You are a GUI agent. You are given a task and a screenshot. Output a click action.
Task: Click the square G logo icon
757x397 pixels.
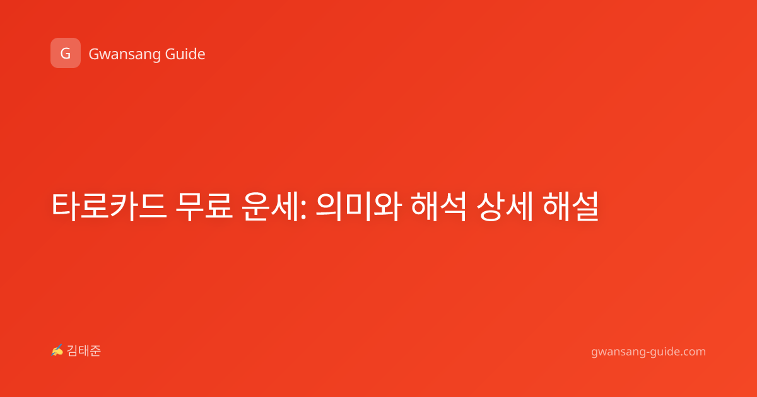coord(66,53)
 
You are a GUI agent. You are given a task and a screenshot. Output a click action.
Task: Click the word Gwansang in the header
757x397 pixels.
coord(124,55)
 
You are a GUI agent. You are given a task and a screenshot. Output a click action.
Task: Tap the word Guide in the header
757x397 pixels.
coord(185,54)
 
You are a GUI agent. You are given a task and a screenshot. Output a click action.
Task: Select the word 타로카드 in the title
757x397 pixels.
coord(109,206)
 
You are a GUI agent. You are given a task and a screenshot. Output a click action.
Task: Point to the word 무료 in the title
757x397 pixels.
coord(204,206)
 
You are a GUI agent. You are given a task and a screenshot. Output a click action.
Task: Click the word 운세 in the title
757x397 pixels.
coord(269,206)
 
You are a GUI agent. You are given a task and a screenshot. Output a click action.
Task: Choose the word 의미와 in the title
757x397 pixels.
coord(358,206)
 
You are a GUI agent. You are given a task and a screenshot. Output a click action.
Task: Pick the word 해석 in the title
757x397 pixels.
coord(438,206)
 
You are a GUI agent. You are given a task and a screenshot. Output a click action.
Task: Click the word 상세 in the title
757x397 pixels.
coord(505,206)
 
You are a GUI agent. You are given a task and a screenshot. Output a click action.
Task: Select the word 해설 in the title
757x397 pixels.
coord(570,206)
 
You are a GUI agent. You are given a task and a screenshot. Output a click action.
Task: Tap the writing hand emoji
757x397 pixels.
coord(57,350)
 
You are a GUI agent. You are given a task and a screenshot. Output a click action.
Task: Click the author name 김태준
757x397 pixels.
coord(84,351)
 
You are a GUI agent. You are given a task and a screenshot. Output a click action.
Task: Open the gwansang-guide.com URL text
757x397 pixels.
coord(648,352)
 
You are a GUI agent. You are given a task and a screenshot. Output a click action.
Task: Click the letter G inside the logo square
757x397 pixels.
coord(66,54)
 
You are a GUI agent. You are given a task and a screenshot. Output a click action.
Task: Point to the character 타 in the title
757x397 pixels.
coord(65,206)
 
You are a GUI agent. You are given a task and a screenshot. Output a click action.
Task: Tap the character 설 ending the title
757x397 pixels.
coord(585,206)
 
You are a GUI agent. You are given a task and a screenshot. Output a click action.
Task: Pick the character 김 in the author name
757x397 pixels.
coord(73,351)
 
